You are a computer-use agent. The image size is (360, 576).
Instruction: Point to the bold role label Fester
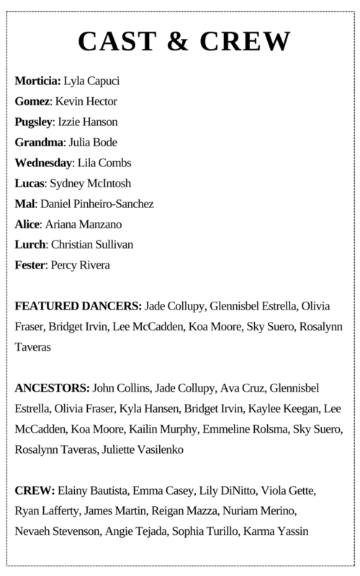30,266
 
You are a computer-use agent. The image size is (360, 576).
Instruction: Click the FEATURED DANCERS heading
78,307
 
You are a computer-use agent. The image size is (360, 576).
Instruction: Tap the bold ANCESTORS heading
51,389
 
